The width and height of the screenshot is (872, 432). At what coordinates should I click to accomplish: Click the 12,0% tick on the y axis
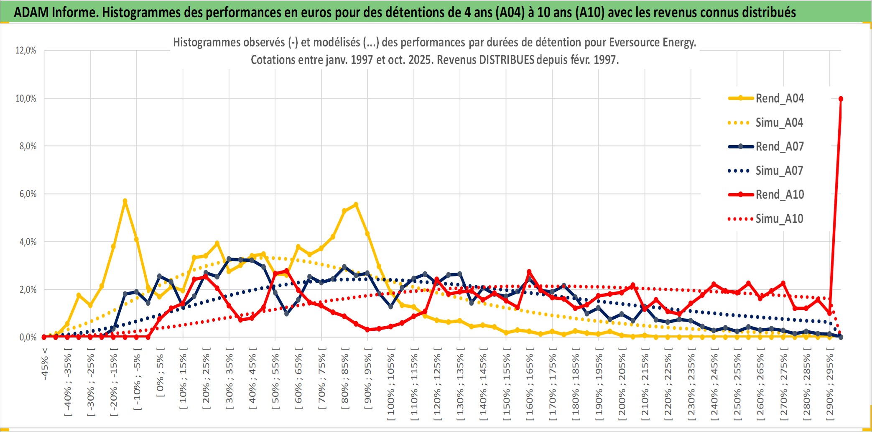[x=26, y=51]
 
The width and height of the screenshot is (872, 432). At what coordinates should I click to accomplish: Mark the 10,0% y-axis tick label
[x=26, y=99]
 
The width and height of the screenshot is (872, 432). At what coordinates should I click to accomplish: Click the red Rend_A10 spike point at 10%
[x=841, y=99]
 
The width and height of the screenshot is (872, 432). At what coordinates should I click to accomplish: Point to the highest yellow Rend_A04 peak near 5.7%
[x=125, y=201]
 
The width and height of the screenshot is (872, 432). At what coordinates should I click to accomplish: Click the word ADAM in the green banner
[x=31, y=12]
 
